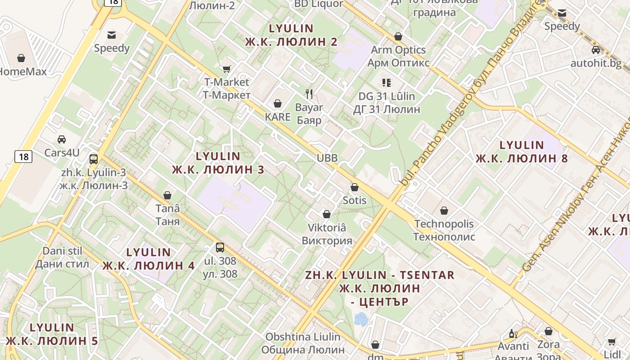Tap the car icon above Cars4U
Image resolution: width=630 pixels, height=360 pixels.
click(62, 139)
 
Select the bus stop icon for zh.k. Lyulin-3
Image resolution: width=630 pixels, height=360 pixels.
click(94, 159)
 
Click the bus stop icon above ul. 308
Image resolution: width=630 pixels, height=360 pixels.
click(220, 247)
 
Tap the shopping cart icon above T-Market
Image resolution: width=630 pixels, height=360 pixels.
click(227, 69)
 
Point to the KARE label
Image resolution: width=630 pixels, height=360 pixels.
click(278, 117)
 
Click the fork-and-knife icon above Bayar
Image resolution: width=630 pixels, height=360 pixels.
click(309, 94)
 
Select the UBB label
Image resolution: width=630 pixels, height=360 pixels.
click(327, 158)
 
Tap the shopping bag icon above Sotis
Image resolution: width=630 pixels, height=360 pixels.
click(355, 187)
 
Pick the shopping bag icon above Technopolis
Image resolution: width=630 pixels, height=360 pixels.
click(444, 211)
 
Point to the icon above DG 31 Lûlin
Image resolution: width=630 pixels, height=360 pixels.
click(387, 82)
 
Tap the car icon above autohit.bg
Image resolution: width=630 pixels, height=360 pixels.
click(596, 50)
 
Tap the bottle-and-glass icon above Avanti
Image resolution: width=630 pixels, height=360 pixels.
click(513, 334)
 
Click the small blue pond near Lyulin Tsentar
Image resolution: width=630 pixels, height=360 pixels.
click(361, 319)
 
